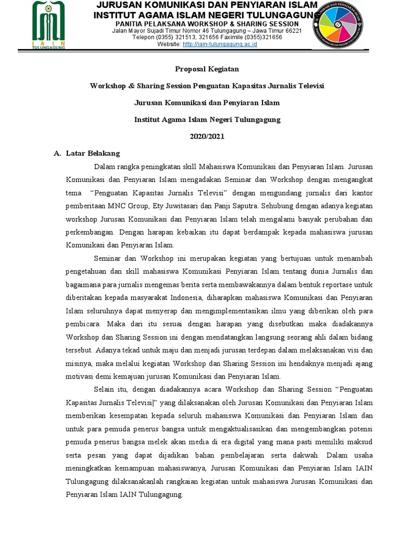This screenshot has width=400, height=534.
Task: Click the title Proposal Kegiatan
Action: [x=199, y=69]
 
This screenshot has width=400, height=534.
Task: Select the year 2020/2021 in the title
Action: [x=200, y=136]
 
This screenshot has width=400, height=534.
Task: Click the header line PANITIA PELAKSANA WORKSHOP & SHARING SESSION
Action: [x=207, y=24]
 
